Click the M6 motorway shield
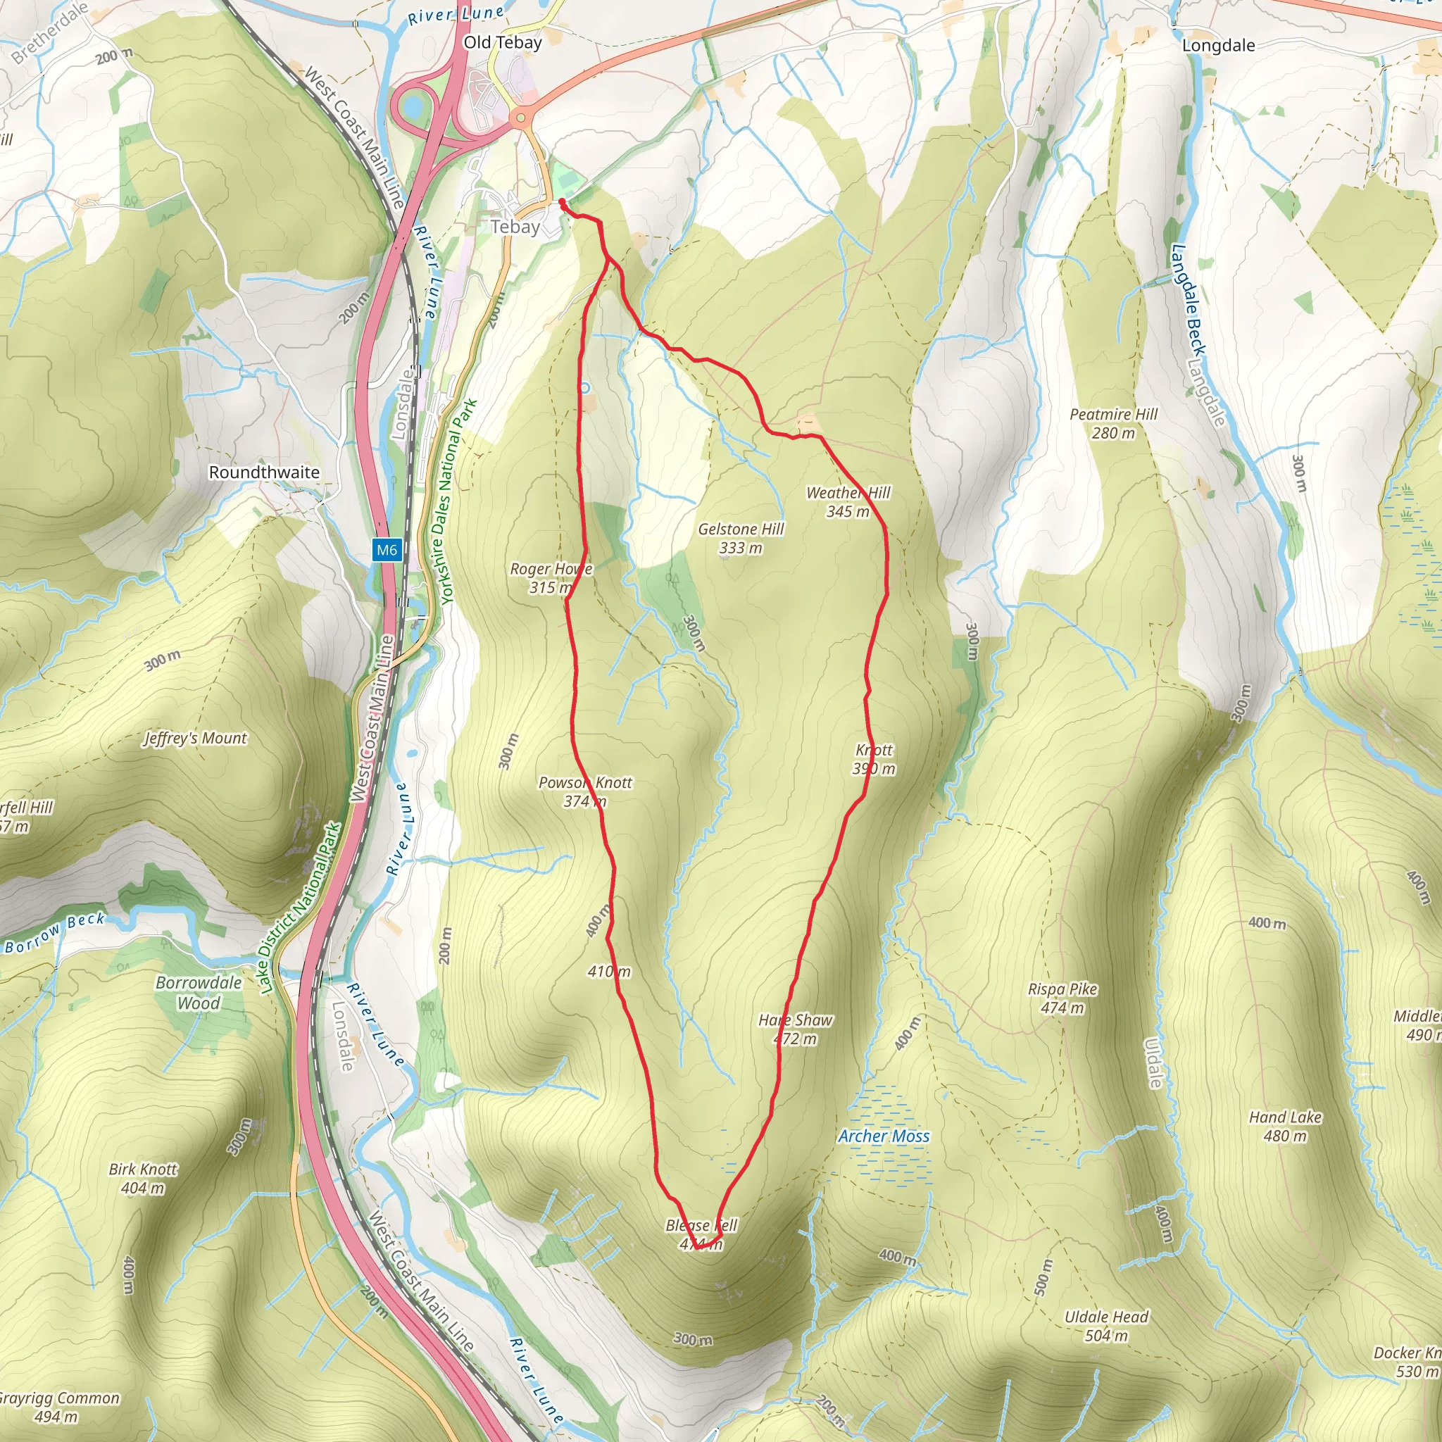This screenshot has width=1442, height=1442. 387,550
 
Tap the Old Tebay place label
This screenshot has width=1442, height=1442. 502,42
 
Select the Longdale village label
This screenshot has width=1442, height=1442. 1218,46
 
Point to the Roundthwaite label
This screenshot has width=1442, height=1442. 264,472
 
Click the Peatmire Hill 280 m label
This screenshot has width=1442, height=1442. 1113,423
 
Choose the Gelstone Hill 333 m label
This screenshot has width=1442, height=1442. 741,538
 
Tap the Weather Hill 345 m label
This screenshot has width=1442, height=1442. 848,501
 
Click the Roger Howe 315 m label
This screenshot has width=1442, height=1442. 551,577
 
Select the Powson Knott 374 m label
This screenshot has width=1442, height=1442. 585,791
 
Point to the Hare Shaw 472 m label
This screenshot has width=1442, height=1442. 795,1029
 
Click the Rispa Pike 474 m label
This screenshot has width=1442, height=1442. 1062,998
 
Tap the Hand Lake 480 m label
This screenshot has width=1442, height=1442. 1285,1127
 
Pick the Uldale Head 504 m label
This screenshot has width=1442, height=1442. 1106,1326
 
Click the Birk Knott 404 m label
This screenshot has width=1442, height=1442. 144,1178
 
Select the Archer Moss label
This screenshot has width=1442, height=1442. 884,1136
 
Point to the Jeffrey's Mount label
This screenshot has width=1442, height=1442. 195,738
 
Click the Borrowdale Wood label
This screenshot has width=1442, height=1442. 199,993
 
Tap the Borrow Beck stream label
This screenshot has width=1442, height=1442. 54,933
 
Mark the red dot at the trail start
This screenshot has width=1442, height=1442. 561,201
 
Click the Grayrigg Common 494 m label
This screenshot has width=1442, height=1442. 58,1407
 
